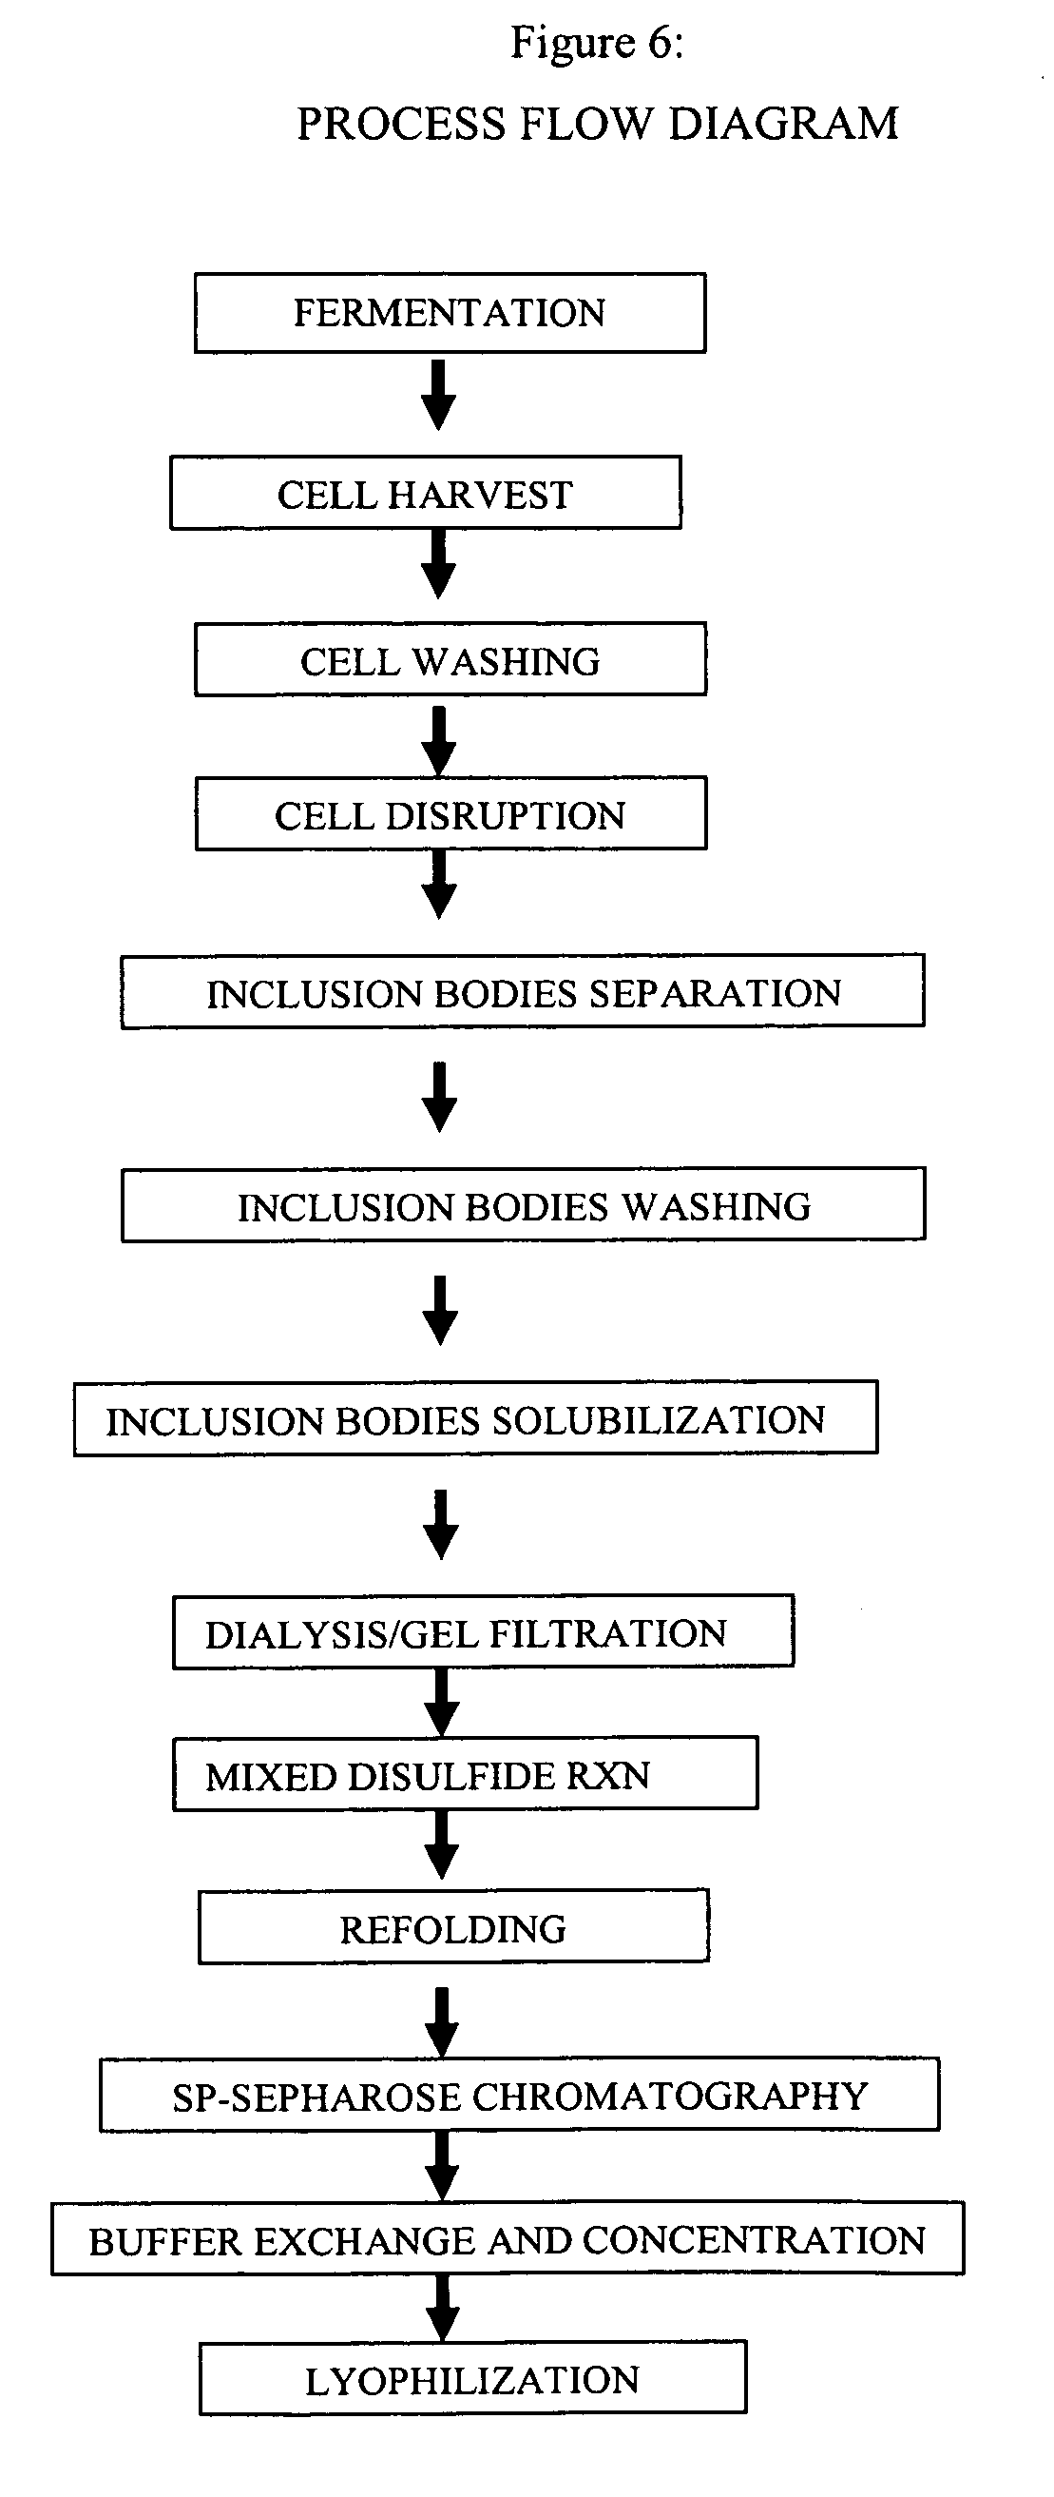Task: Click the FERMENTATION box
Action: pyautogui.click(x=450, y=313)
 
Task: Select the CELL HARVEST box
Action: pyautogui.click(x=425, y=494)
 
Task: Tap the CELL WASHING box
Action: pyautogui.click(x=450, y=659)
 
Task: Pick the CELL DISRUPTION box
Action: pyautogui.click(x=450, y=813)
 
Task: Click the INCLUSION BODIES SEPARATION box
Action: pyautogui.click(x=522, y=990)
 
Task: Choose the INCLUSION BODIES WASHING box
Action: pyautogui.click(x=523, y=1204)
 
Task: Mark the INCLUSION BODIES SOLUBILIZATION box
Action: pyautogui.click(x=475, y=1418)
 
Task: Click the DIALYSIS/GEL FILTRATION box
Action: pyautogui.click(x=484, y=1631)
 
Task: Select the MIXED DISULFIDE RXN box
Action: pyautogui.click(x=465, y=1773)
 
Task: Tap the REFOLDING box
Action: pyautogui.click(x=453, y=1926)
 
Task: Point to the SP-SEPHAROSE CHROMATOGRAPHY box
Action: pyautogui.click(x=519, y=2094)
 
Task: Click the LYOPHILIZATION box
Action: pyautogui.click(x=472, y=2378)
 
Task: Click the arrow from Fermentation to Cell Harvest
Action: pyautogui.click(x=439, y=396)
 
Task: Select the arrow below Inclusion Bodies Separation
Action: pyautogui.click(x=440, y=1098)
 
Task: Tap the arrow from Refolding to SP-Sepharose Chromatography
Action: pyautogui.click(x=442, y=2022)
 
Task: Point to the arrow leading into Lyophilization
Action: pyautogui.click(x=443, y=2307)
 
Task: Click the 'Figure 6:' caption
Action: pyautogui.click(x=597, y=44)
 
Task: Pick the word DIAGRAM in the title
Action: pyautogui.click(x=784, y=124)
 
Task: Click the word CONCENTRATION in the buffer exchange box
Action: pyautogui.click(x=755, y=2240)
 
